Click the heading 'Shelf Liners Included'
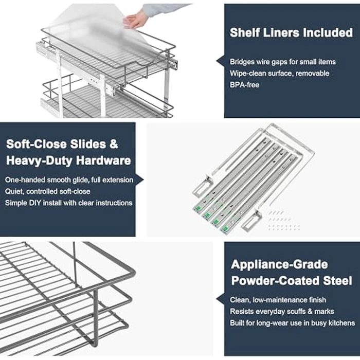[291, 33]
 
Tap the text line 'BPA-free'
[245, 84]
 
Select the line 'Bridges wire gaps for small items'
[282, 62]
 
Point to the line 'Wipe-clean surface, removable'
[279, 73]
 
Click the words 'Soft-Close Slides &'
[62, 145]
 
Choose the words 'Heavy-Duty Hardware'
[68, 160]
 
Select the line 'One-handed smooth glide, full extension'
[69, 181]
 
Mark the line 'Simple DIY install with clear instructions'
[69, 203]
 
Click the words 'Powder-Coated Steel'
[292, 281]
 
